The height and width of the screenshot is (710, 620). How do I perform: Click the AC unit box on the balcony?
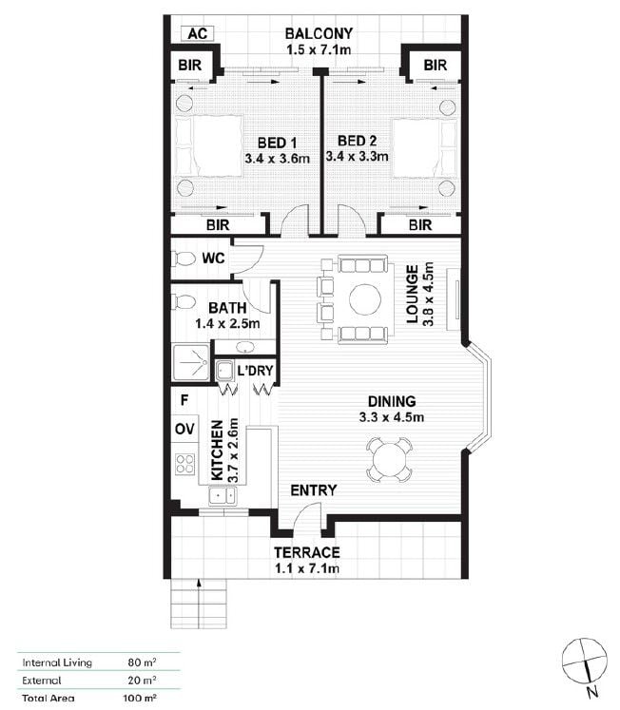198,33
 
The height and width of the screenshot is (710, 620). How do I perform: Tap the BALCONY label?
319,33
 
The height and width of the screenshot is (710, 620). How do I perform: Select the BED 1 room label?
277,144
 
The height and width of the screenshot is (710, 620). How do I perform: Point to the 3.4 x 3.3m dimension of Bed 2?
357,157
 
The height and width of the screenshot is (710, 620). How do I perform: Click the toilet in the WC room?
184,259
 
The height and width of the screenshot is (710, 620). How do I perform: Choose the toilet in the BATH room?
184,301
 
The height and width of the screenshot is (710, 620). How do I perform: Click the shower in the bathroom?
191,362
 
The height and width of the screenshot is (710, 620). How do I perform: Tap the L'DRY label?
256,371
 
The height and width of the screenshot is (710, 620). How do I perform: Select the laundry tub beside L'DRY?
223,372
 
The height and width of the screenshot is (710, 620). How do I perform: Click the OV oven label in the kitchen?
184,429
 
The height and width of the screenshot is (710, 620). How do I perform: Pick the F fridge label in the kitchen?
184,400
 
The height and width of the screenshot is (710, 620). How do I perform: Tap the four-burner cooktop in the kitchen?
184,464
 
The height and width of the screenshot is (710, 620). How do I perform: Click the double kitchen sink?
223,496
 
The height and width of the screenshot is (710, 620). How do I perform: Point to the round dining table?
389,460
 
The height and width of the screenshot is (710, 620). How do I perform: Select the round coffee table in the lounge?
365,299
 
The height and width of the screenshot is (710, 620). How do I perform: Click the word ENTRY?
314,490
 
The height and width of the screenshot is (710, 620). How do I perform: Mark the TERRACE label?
307,552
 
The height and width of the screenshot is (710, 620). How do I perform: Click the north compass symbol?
584,661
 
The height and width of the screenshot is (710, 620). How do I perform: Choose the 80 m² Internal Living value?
142,662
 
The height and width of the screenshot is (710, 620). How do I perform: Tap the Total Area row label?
48,699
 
